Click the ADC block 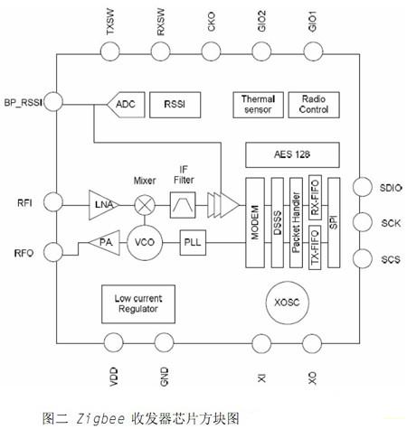tap(127, 105)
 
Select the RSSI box tap(175, 105)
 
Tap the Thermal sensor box tap(258, 105)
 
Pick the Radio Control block tap(314, 105)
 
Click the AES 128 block tap(292, 154)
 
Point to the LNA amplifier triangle tap(103, 205)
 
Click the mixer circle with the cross tap(145, 205)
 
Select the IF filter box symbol tap(183, 205)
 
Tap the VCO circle tap(145, 243)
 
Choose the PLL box tap(193, 243)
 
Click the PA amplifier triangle tap(104, 243)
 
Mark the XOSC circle tap(288, 303)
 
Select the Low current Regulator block tap(138, 304)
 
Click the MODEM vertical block tap(255, 223)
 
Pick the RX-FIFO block tap(315, 198)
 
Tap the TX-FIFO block tap(315, 247)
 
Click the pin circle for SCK tap(363, 222)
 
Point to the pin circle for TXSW tap(110, 51)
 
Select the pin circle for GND tap(164, 342)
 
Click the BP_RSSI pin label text tap(23, 103)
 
